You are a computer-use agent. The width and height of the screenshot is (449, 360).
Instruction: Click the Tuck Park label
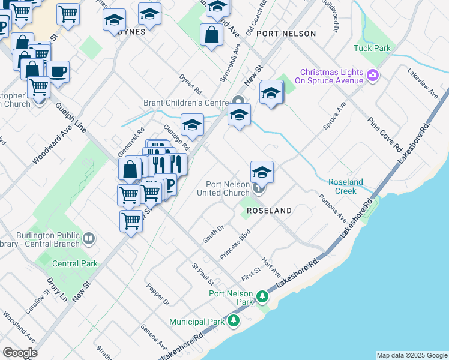click(x=372, y=48)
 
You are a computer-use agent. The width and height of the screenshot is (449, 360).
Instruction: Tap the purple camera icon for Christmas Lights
click(x=373, y=76)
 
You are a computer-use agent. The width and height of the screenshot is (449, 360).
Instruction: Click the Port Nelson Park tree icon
click(x=262, y=296)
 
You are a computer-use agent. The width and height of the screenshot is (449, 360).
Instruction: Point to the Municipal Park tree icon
click(x=234, y=321)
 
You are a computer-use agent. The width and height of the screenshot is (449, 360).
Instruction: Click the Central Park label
click(x=75, y=263)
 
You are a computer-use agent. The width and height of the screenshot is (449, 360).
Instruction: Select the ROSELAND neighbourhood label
click(x=269, y=211)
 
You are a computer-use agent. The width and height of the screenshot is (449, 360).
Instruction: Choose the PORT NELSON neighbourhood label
click(x=286, y=34)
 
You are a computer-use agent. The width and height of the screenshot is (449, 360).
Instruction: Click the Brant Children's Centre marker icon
click(x=238, y=101)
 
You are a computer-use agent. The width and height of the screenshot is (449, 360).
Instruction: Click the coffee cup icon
click(x=58, y=72)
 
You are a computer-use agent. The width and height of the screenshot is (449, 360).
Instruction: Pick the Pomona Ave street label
click(x=333, y=207)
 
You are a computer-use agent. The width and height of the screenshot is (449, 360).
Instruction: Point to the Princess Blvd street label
click(x=235, y=247)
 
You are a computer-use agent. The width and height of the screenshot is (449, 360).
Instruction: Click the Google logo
click(x=20, y=353)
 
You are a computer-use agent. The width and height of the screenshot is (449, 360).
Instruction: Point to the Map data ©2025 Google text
click(x=412, y=355)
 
